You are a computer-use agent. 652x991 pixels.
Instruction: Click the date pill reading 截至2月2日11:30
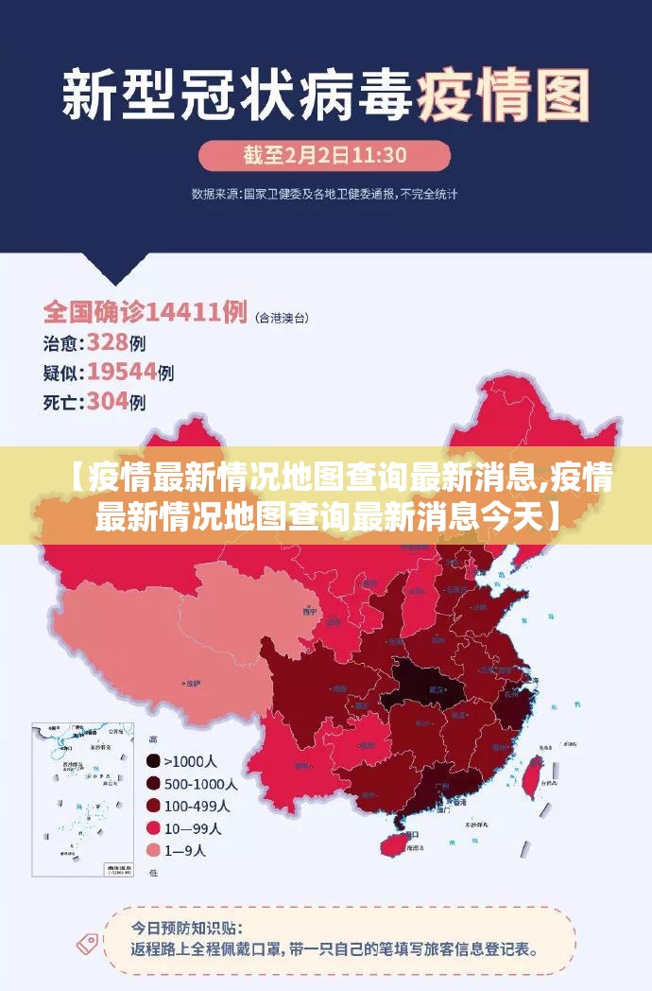tap(324, 155)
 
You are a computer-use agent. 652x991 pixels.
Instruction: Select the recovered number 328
tap(107, 341)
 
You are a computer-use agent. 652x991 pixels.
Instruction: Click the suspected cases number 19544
tap(121, 372)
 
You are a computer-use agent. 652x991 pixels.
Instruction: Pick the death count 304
tap(107, 402)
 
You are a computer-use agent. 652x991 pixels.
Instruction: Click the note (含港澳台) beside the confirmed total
tap(283, 317)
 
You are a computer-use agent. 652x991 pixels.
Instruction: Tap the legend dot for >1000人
tap(152, 760)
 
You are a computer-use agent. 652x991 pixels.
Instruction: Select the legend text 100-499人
tap(197, 806)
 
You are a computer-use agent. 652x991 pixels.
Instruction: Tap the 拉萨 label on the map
tap(193, 683)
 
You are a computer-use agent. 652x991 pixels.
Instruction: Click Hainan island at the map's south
tap(394, 843)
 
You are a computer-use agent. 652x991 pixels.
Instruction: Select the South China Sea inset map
tap(82, 799)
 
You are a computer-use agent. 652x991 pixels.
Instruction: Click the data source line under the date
tap(324, 194)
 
